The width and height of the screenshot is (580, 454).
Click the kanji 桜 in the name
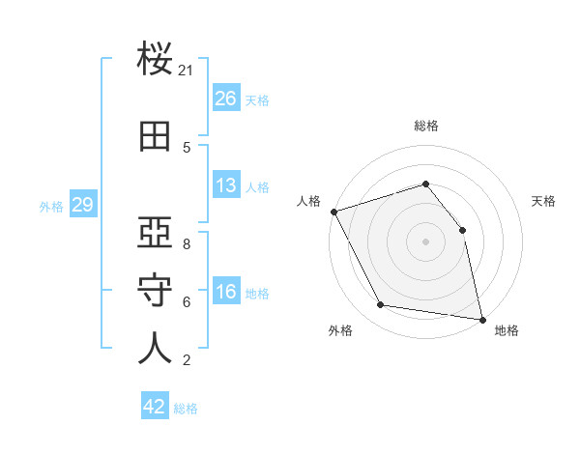155,58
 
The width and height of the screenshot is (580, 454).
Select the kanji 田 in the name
155,136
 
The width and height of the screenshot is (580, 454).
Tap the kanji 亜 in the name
155,232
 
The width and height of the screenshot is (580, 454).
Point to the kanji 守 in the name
155,290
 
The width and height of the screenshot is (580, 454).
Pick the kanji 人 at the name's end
155,348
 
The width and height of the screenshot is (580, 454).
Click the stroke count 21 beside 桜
185,71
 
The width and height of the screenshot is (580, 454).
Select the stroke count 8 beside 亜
187,244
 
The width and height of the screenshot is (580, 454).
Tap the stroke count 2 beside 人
187,360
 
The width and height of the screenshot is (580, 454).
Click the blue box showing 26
226,98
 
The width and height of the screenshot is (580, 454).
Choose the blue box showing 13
226,184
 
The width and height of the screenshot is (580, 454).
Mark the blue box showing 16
226,290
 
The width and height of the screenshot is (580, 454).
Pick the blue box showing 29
83,204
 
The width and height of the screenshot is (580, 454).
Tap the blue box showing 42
155,405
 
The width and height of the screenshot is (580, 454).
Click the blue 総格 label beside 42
186,409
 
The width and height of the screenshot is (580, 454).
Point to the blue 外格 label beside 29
51,207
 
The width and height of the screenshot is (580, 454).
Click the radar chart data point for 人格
334,212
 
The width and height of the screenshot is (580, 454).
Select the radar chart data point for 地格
482,320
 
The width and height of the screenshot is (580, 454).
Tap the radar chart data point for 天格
462,230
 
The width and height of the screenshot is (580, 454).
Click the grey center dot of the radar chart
425,241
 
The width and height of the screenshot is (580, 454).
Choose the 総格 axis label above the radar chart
426,126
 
